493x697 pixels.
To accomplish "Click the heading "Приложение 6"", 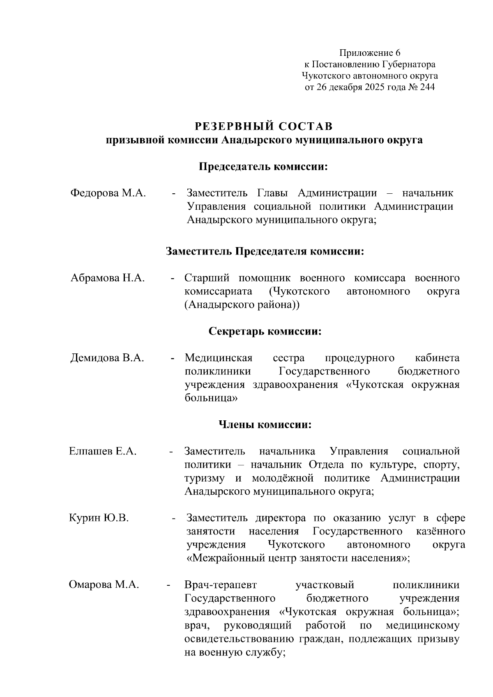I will pos(369,53).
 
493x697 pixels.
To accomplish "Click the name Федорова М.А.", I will pos(108,193).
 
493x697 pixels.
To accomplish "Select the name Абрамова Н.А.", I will pos(108,278).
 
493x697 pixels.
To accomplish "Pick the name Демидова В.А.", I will pos(107,358).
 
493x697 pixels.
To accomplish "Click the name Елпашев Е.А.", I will pos(103,452).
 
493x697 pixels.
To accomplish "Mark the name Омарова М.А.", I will pos(104,585).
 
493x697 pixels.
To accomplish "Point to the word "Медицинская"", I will pos(218,358).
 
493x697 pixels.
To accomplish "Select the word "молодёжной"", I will pos(283,478).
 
